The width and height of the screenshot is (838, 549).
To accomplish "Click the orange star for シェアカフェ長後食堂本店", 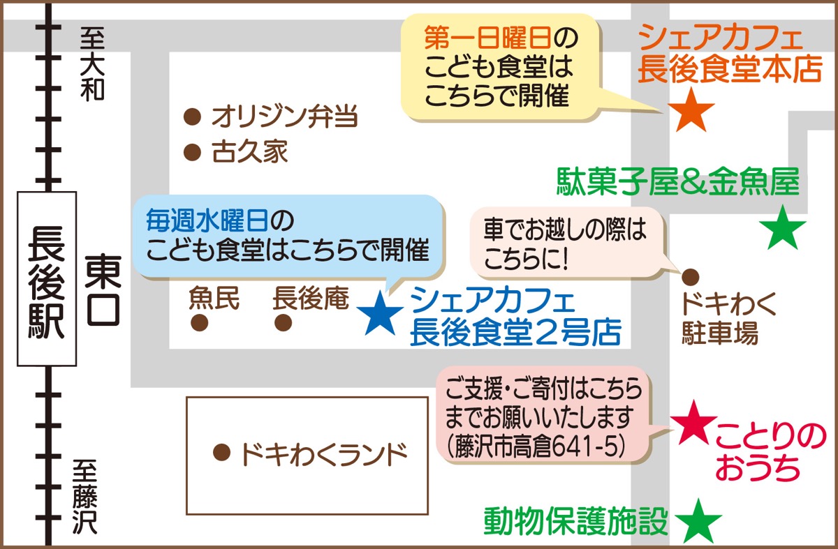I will (x=691, y=110).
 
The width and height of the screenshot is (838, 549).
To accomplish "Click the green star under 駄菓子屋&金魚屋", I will (x=782, y=229).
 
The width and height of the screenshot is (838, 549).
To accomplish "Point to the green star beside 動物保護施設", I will (x=699, y=520).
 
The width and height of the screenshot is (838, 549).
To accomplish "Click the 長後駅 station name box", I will (x=46, y=278).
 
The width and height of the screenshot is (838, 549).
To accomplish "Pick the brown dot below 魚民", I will (x=200, y=323).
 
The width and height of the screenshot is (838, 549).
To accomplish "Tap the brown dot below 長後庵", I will (x=283, y=323).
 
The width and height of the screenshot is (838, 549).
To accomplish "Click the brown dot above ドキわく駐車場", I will (x=690, y=276).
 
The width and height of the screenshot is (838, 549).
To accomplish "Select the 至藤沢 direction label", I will (x=86, y=496).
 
